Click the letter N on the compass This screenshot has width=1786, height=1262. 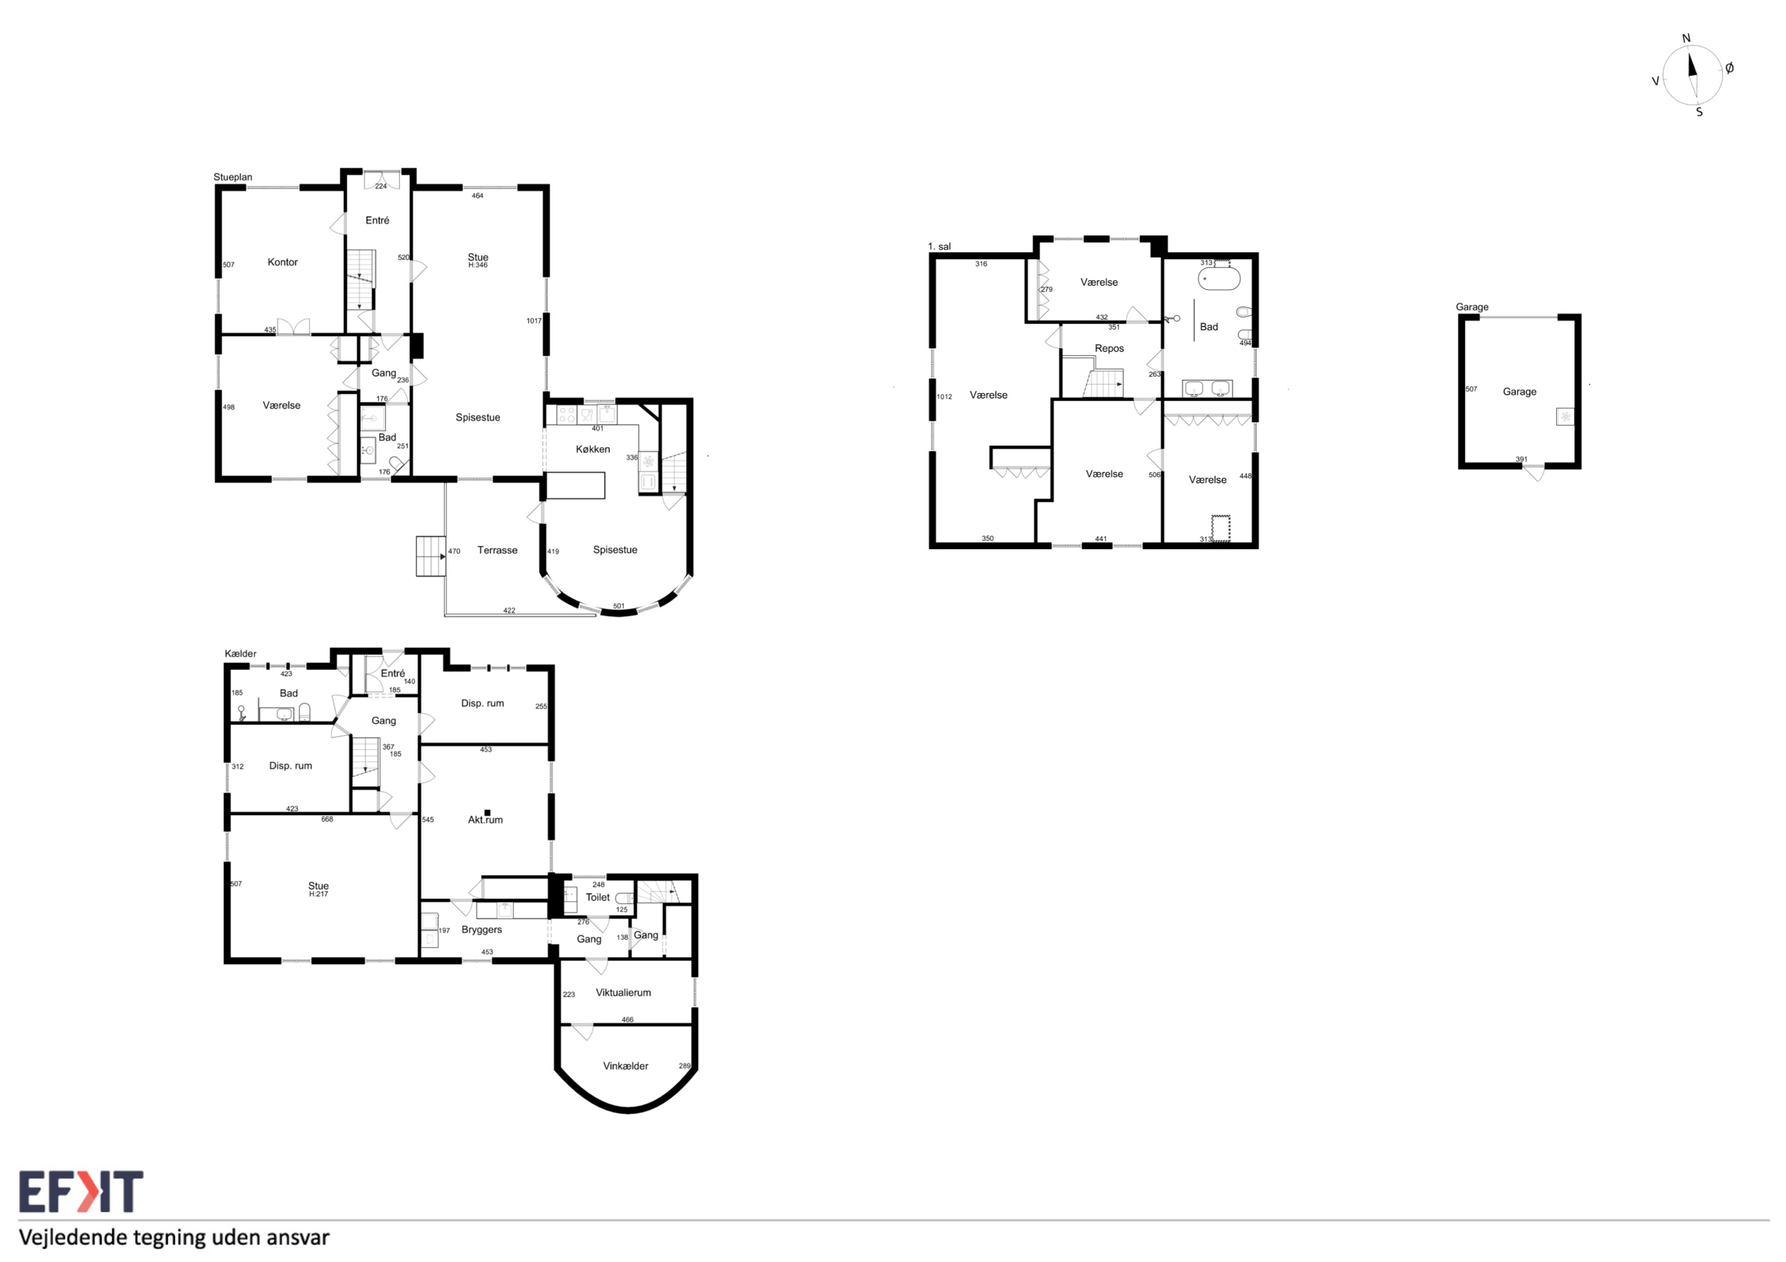click(1686, 38)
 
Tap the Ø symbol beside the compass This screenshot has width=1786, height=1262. click(1729, 68)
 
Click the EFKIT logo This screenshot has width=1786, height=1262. click(81, 1191)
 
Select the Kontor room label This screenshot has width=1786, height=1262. click(282, 262)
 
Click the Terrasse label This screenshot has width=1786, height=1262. click(497, 550)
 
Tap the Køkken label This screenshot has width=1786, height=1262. click(593, 448)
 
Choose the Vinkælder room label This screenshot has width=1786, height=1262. click(626, 1066)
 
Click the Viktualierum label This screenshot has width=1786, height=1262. click(623, 992)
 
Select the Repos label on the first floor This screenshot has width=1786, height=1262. click(1109, 349)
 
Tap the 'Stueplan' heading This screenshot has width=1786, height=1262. click(233, 177)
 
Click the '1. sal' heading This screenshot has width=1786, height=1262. click(939, 246)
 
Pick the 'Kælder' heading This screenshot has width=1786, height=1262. click(240, 654)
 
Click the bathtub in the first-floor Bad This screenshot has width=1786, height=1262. click(1219, 278)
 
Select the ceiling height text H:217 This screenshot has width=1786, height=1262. click(318, 894)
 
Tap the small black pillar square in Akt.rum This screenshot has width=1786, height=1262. click(487, 813)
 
